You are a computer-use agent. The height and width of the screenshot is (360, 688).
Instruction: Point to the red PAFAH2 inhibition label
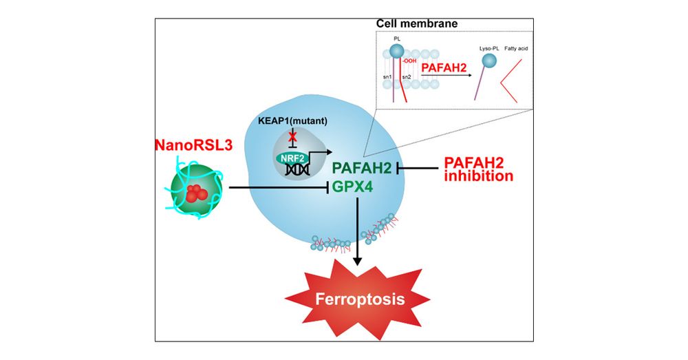tap(477, 169)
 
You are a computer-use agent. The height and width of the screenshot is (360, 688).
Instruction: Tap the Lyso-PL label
tap(489, 50)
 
